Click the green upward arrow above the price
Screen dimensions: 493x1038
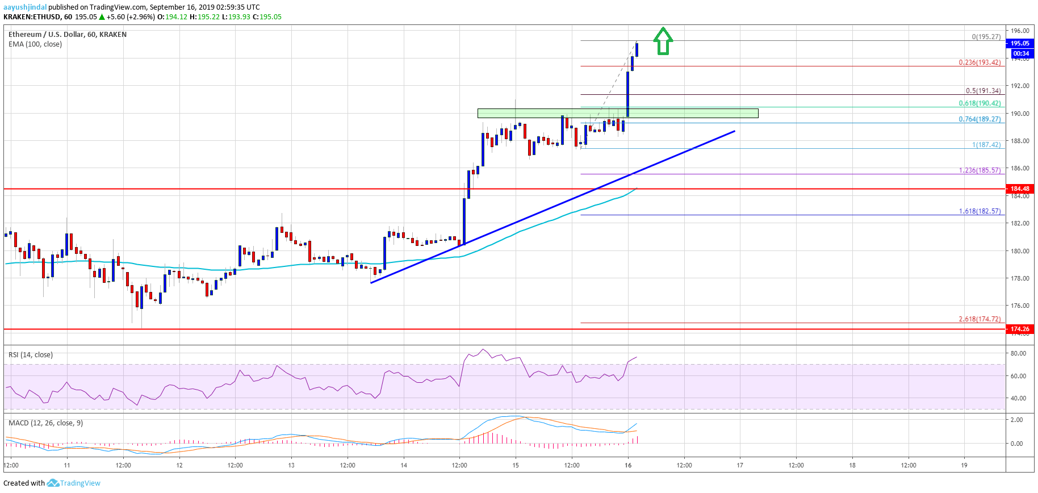[663, 41]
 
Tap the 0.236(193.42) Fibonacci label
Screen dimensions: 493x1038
[980, 62]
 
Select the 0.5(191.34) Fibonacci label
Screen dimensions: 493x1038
[983, 91]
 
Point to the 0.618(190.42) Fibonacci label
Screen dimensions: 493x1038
[980, 103]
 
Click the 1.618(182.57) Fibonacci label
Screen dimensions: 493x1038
[980, 211]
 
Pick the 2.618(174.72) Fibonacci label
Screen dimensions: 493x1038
[980, 319]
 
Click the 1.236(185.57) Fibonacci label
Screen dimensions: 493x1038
[980, 170]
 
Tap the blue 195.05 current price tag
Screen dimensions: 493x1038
[1019, 43]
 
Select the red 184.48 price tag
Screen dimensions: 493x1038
[1019, 189]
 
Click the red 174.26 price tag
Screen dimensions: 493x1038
[1019, 329]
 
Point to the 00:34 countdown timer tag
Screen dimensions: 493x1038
[1020, 53]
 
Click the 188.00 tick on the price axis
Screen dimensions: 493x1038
[1020, 141]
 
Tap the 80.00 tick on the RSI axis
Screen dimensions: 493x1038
[1018, 353]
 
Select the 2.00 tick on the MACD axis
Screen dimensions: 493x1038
[1016, 420]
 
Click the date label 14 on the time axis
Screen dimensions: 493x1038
[404, 465]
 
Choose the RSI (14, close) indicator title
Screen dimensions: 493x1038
[31, 355]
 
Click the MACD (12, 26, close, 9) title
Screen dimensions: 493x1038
[45, 423]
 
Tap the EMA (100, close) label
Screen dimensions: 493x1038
[35, 44]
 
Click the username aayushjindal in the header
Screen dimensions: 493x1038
[25, 7]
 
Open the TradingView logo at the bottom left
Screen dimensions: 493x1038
[74, 483]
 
